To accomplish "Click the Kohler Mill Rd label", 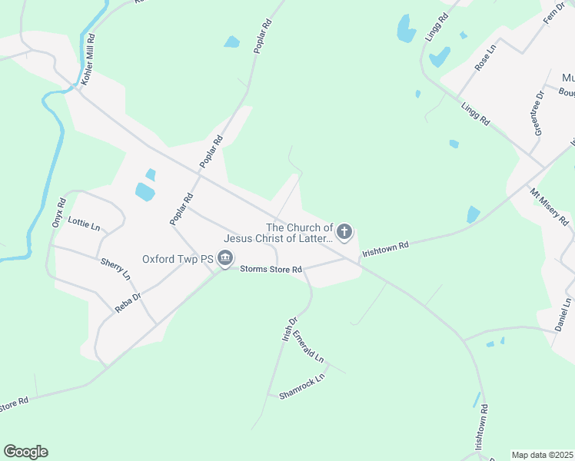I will [90, 58].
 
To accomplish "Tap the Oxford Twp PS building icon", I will [225, 259].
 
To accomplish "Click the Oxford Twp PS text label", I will [178, 259].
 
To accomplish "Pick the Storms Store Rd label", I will [271, 269].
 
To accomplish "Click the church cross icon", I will [344, 231].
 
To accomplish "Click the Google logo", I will [26, 452].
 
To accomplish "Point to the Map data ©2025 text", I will [543, 455].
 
